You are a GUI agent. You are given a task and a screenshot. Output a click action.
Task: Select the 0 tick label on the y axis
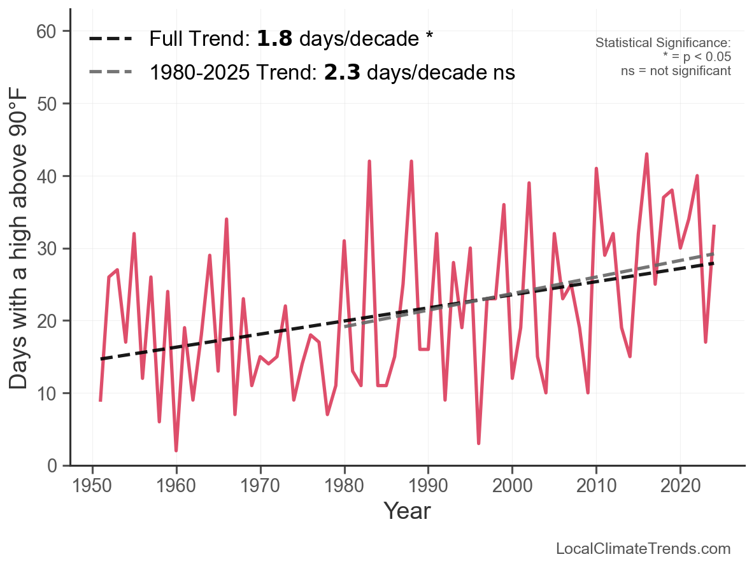(52, 465)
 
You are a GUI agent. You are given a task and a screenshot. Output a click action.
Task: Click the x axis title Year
(407, 511)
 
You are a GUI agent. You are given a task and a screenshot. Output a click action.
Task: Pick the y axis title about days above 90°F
(19, 248)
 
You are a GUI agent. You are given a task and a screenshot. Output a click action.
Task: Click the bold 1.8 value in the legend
(274, 39)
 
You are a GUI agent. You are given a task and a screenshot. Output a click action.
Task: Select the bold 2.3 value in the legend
(342, 73)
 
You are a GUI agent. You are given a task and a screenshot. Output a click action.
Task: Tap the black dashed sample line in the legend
(110, 39)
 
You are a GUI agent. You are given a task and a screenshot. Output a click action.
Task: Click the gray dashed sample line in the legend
(110, 72)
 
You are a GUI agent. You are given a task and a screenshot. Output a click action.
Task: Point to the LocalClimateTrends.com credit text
(643, 549)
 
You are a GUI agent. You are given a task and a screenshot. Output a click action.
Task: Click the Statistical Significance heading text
(662, 43)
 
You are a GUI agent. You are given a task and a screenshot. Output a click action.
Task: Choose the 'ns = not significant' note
(676, 71)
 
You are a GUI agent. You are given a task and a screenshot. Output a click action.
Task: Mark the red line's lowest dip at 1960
(176, 451)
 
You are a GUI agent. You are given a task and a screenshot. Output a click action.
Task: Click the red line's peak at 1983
(369, 162)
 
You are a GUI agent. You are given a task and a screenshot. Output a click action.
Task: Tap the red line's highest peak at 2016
(646, 154)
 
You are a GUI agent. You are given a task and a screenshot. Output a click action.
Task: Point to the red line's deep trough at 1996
(478, 443)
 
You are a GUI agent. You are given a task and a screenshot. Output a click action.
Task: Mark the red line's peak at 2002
(529, 183)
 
